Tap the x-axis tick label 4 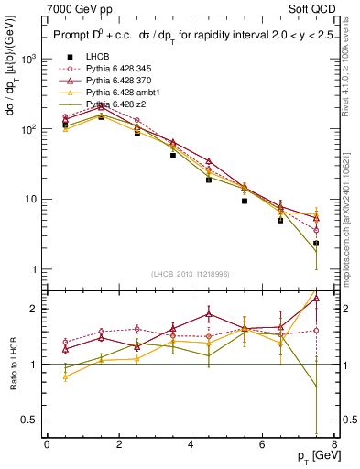pos(191,445)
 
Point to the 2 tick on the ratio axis pos(37,309)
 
